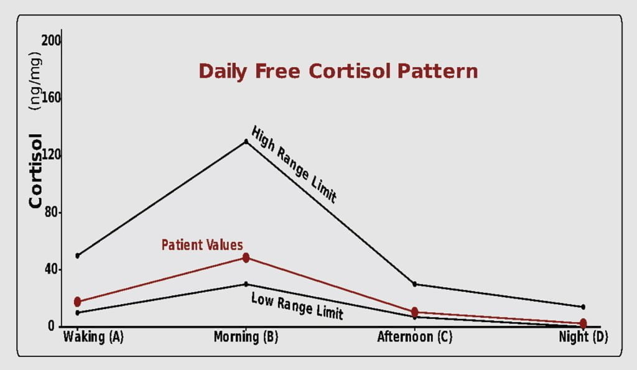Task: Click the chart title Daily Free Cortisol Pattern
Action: (338, 72)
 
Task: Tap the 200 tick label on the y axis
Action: (51, 40)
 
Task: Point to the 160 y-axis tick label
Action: (51, 98)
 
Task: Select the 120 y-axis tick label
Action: (51, 155)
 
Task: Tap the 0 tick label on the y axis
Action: (51, 326)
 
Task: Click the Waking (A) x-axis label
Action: (93, 337)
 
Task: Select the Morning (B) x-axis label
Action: (246, 337)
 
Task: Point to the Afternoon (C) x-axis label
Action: (414, 337)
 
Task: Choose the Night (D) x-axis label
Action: (584, 337)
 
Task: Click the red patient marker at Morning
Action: (246, 257)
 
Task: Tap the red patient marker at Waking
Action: (78, 302)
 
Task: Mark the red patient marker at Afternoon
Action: (414, 312)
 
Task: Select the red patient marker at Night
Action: (583, 323)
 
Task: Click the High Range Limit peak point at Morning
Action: (246, 141)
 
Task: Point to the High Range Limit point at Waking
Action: (78, 256)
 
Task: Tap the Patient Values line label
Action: (202, 245)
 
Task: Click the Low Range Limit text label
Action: (297, 306)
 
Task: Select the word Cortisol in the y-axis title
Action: (35, 171)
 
